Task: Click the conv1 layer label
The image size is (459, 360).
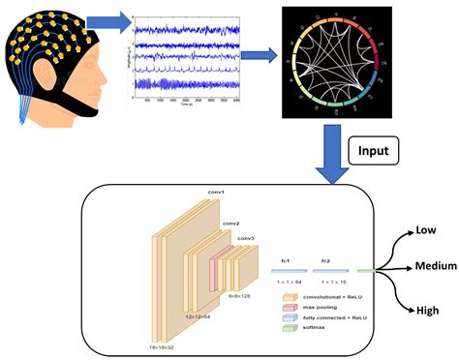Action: (216, 192)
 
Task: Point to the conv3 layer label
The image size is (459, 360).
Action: (246, 238)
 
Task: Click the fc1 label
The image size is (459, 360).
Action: (287, 261)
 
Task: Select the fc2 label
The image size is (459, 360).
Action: (326, 261)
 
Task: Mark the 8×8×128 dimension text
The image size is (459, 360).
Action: (240, 297)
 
